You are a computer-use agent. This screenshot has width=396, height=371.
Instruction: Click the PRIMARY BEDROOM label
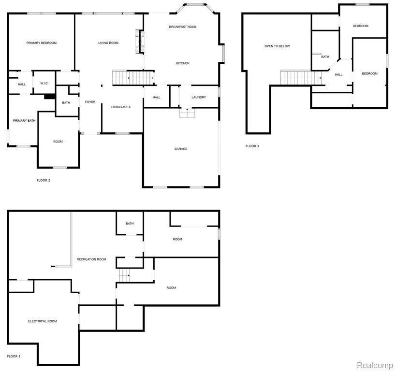coord(42,43)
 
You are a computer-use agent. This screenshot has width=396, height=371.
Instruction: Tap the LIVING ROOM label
coord(108,43)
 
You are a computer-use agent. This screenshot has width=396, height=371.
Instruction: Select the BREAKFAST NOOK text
coord(183,27)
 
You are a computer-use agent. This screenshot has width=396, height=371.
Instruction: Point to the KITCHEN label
coord(183,63)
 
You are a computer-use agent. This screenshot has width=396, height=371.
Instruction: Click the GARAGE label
coord(181,149)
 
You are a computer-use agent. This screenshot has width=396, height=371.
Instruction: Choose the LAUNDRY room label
coord(199,97)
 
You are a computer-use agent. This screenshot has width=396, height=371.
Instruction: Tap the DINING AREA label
coord(121,107)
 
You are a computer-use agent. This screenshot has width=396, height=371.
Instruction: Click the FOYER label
coord(90,102)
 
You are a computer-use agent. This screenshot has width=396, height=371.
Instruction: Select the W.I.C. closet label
coord(44,83)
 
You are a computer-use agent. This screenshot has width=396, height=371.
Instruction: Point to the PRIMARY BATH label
coord(24,121)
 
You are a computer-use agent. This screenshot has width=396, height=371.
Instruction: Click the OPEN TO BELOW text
coord(277,46)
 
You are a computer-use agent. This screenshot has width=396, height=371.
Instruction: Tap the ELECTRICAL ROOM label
coord(43,321)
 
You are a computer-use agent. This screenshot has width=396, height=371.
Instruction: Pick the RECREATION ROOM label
coord(91,259)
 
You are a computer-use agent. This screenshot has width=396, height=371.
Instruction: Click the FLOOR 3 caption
coord(252,146)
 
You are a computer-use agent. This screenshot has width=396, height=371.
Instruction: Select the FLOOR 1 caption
coord(14,357)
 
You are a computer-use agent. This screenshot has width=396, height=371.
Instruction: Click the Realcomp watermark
coord(375,365)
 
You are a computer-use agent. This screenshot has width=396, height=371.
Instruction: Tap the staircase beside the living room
coord(133,78)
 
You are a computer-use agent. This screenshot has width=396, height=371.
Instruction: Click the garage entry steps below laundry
coord(187,113)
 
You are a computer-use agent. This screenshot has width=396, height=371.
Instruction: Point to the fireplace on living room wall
coord(140,42)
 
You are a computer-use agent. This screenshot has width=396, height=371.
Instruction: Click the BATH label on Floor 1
coord(130,224)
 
